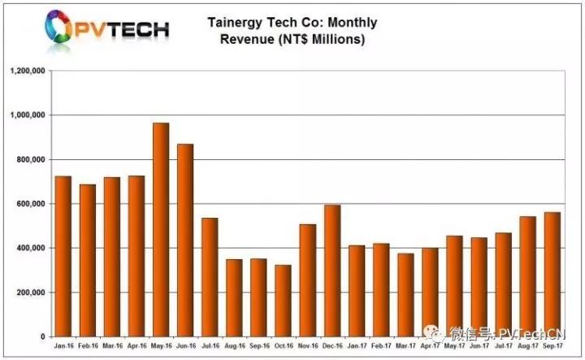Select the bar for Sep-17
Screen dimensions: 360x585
point(552,274)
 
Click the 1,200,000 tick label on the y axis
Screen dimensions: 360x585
point(28,71)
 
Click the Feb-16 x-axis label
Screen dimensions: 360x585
point(88,345)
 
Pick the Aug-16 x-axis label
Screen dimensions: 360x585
point(234,345)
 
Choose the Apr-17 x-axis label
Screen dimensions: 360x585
point(430,345)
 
